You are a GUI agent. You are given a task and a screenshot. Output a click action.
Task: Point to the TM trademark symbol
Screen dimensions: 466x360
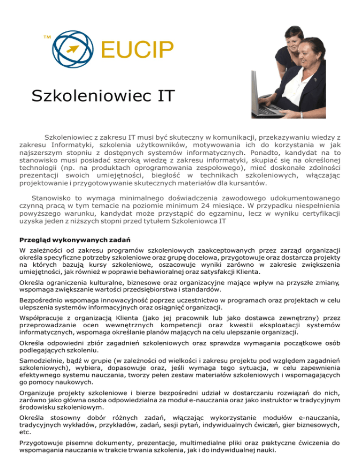click(x=46, y=36)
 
